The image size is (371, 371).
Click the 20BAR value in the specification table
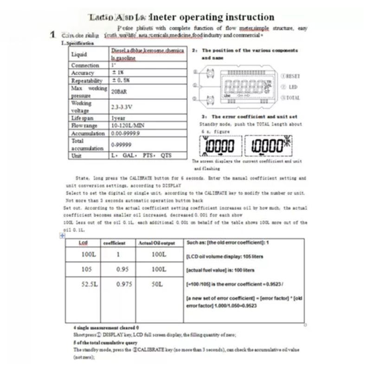[118, 92]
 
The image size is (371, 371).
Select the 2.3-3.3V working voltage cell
[122, 107]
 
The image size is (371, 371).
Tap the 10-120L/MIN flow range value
[126, 126]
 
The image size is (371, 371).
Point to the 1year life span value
[119, 118]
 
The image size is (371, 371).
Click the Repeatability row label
[86, 80]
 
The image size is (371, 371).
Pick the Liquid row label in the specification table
[79, 54]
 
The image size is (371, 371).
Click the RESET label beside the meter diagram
[290, 76]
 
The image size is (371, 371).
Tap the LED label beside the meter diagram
[293, 87]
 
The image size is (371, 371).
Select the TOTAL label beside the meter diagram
[291, 98]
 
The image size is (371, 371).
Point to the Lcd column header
[83, 243]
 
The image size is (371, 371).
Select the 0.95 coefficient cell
[121, 269]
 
